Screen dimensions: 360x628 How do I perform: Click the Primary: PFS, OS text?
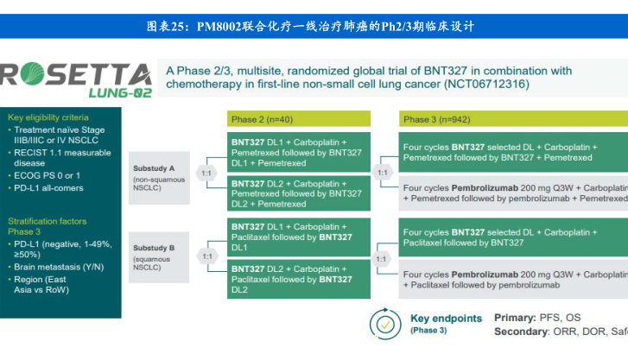pos(537,318)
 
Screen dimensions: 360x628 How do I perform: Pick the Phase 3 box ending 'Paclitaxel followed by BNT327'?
pos(512,237)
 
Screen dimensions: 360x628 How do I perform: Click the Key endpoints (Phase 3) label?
pos(445,324)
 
